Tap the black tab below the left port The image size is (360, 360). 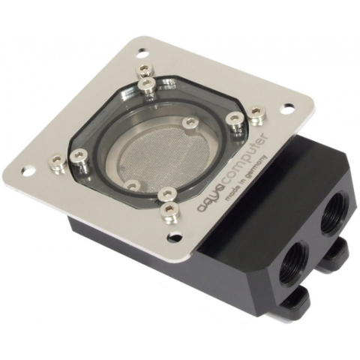pos(295,299)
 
